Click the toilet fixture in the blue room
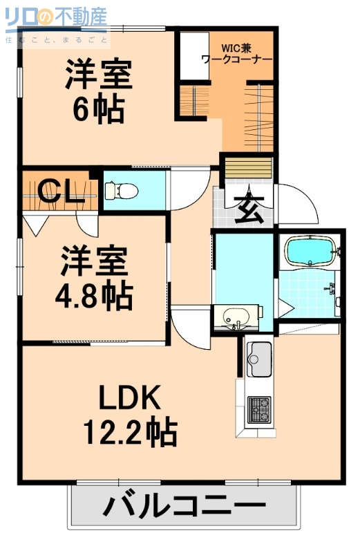(118, 189)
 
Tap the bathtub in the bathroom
(310, 252)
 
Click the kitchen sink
(260, 355)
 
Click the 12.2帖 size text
(130, 433)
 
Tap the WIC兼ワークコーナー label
(237, 54)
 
